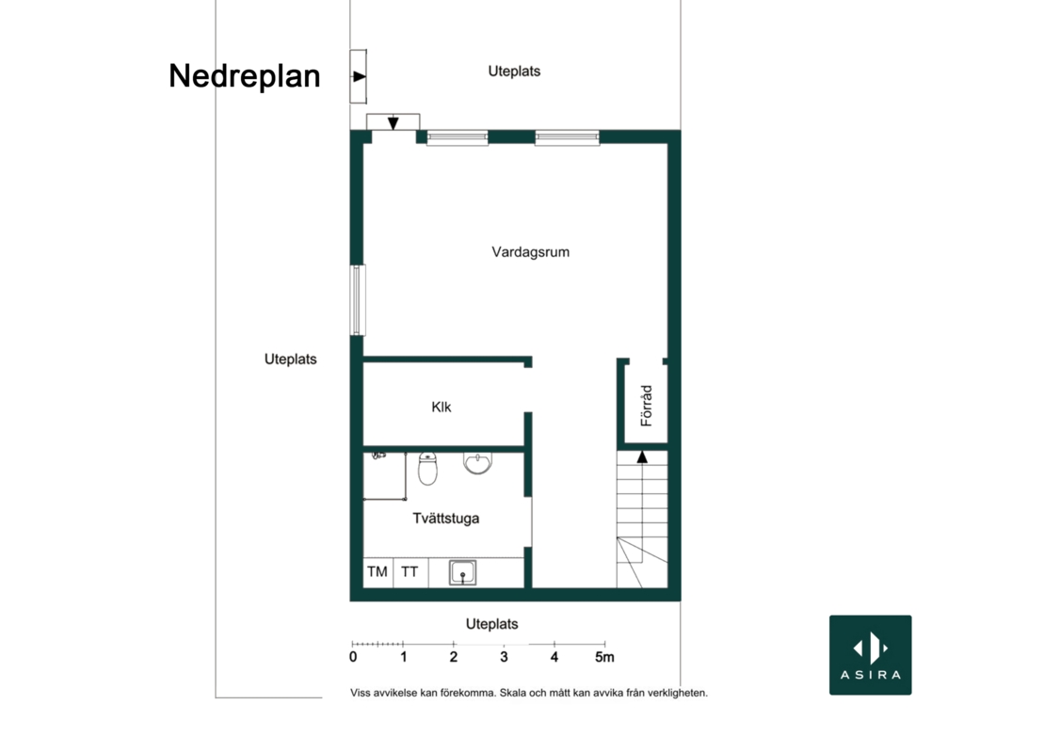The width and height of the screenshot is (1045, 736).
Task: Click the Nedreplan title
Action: coord(245,76)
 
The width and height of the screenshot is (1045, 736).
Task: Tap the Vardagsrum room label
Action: coord(530,252)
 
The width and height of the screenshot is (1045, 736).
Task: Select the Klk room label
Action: coord(442,407)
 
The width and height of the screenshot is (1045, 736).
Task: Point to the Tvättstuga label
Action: coord(446,519)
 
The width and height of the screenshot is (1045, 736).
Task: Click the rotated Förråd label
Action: coord(646,406)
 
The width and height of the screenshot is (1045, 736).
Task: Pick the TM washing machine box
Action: coord(378,572)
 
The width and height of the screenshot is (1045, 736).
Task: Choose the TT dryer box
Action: coord(410,572)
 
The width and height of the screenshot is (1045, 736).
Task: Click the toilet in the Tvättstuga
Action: coord(427,469)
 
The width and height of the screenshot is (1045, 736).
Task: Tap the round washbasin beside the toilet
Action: coord(478,462)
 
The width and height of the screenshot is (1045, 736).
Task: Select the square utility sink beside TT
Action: coord(462,573)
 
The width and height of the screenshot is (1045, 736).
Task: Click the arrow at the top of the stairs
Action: coord(642,456)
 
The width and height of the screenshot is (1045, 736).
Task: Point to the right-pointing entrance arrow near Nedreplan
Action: coord(360,76)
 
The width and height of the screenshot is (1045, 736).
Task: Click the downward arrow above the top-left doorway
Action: coord(394,123)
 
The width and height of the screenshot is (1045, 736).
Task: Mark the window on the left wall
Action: coord(358,299)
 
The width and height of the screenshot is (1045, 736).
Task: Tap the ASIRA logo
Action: coord(871,655)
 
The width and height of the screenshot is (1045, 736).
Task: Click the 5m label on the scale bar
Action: coord(604,657)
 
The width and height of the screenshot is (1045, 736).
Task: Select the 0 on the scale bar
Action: coord(353,657)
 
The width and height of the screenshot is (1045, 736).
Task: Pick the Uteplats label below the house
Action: coord(491,624)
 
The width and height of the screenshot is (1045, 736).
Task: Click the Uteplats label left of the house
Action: coord(291,359)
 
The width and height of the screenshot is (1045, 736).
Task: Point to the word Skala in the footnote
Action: coord(512,693)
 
